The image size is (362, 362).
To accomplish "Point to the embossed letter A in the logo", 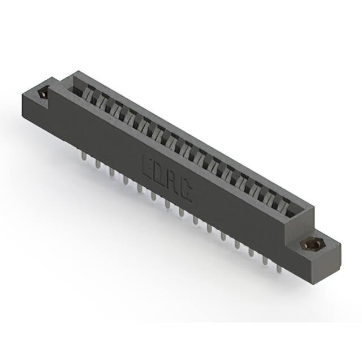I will point(172,186).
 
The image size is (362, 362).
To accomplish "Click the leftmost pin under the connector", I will point(83,156).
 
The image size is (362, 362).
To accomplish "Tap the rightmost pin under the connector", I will point(278,268).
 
